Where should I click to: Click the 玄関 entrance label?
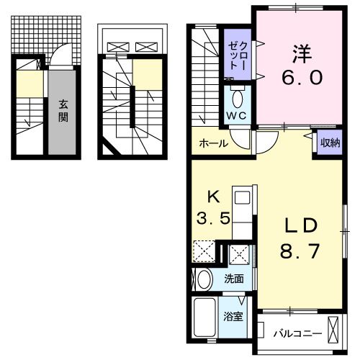pyautogui.click(x=63, y=111)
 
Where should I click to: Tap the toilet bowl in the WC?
pyautogui.click(x=238, y=99)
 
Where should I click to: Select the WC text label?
pyautogui.click(x=236, y=116)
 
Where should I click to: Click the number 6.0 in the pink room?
pyautogui.click(x=302, y=77)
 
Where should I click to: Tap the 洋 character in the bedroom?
pyautogui.click(x=302, y=54)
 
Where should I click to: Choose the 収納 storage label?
pyautogui.click(x=330, y=143)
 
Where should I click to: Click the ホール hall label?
pyautogui.click(x=214, y=143)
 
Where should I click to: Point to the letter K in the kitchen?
pyautogui.click(x=213, y=198)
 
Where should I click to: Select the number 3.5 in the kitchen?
pyautogui.click(x=213, y=218)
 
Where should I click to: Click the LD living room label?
pyautogui.click(x=301, y=225)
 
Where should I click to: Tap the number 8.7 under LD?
pyautogui.click(x=300, y=251)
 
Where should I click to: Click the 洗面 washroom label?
pyautogui.click(x=234, y=279)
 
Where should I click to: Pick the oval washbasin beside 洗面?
pyautogui.click(x=204, y=279)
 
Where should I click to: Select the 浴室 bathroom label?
pyautogui.click(x=233, y=317)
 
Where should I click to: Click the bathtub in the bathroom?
pyautogui.click(x=204, y=317)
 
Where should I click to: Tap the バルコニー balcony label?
pyautogui.click(x=297, y=334)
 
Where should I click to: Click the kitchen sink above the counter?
pyautogui.click(x=242, y=198)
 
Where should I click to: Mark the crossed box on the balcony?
pyautogui.click(x=333, y=330)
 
